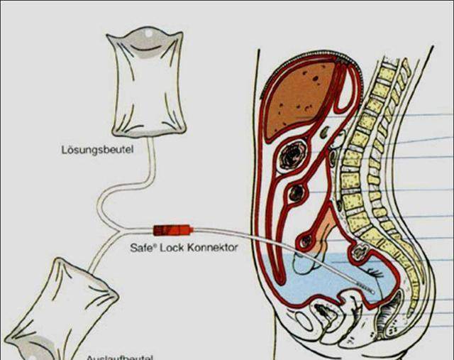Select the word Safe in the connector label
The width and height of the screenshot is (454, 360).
[140, 249]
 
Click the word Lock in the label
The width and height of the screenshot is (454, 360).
[172, 249]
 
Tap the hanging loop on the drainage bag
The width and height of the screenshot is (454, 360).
[32, 348]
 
